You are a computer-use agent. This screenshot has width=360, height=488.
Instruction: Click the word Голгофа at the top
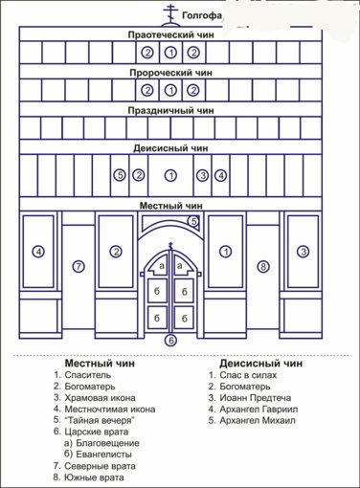[x=202, y=15]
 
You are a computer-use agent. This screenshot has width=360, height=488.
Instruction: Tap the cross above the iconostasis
[x=170, y=14]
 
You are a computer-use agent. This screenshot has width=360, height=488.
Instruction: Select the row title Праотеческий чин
[x=170, y=34]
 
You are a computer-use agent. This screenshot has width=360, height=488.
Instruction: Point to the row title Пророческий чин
[x=170, y=73]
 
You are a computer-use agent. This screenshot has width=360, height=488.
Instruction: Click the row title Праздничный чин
[x=170, y=111]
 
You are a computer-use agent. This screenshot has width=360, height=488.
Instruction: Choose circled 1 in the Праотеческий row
[x=170, y=53]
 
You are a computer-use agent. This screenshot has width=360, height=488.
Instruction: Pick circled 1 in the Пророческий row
[x=170, y=91]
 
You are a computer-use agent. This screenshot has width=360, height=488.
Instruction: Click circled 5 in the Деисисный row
[x=120, y=175]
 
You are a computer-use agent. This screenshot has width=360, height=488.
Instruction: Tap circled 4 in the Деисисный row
[x=221, y=175]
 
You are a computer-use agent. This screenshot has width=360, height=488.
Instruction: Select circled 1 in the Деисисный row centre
[x=170, y=175]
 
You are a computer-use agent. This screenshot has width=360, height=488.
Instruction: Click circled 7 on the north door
[x=79, y=266]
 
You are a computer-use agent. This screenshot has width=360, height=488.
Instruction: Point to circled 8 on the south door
[x=263, y=266]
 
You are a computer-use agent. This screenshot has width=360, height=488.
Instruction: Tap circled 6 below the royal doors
[x=171, y=341]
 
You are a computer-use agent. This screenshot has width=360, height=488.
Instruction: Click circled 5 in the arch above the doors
[x=193, y=221]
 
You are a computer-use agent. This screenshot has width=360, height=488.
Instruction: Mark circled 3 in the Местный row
[x=303, y=252]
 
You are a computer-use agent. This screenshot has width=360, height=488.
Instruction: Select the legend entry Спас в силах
[x=248, y=375]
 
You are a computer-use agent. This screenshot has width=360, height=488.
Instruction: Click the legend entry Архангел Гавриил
[x=259, y=409]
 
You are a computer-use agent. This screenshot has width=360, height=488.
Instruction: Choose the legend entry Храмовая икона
[x=100, y=398]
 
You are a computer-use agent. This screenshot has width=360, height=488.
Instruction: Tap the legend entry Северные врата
[x=100, y=466]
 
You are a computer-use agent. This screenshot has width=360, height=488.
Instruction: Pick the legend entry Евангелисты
[x=104, y=455]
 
